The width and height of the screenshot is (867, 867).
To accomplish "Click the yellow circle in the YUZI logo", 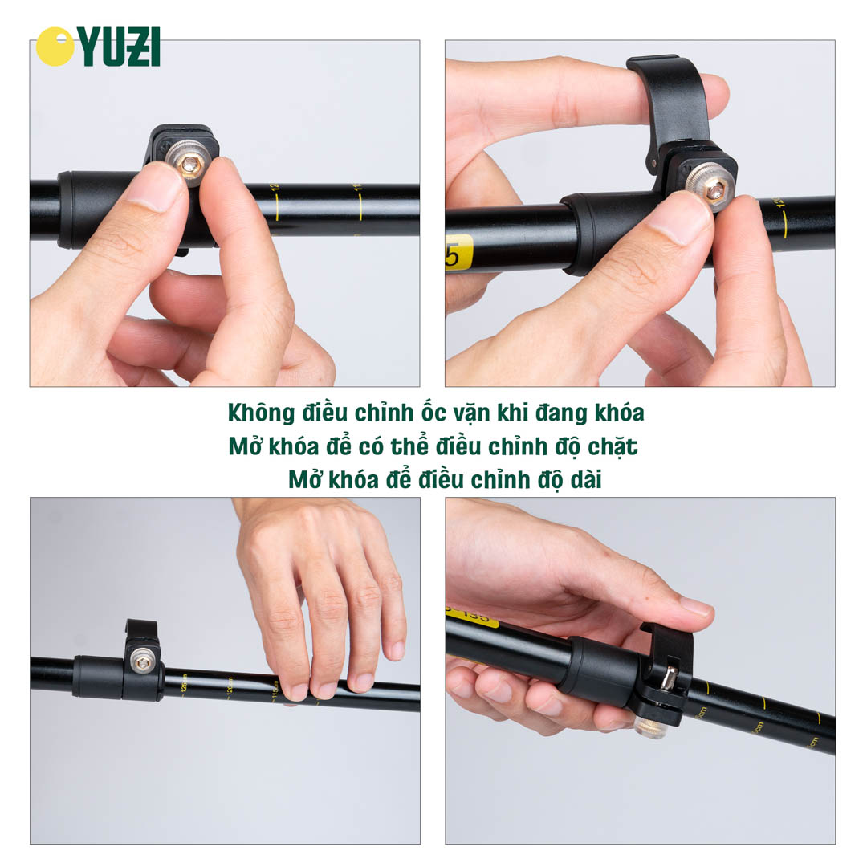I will click(55, 47).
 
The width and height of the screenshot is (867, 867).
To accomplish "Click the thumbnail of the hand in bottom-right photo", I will click(694, 606).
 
